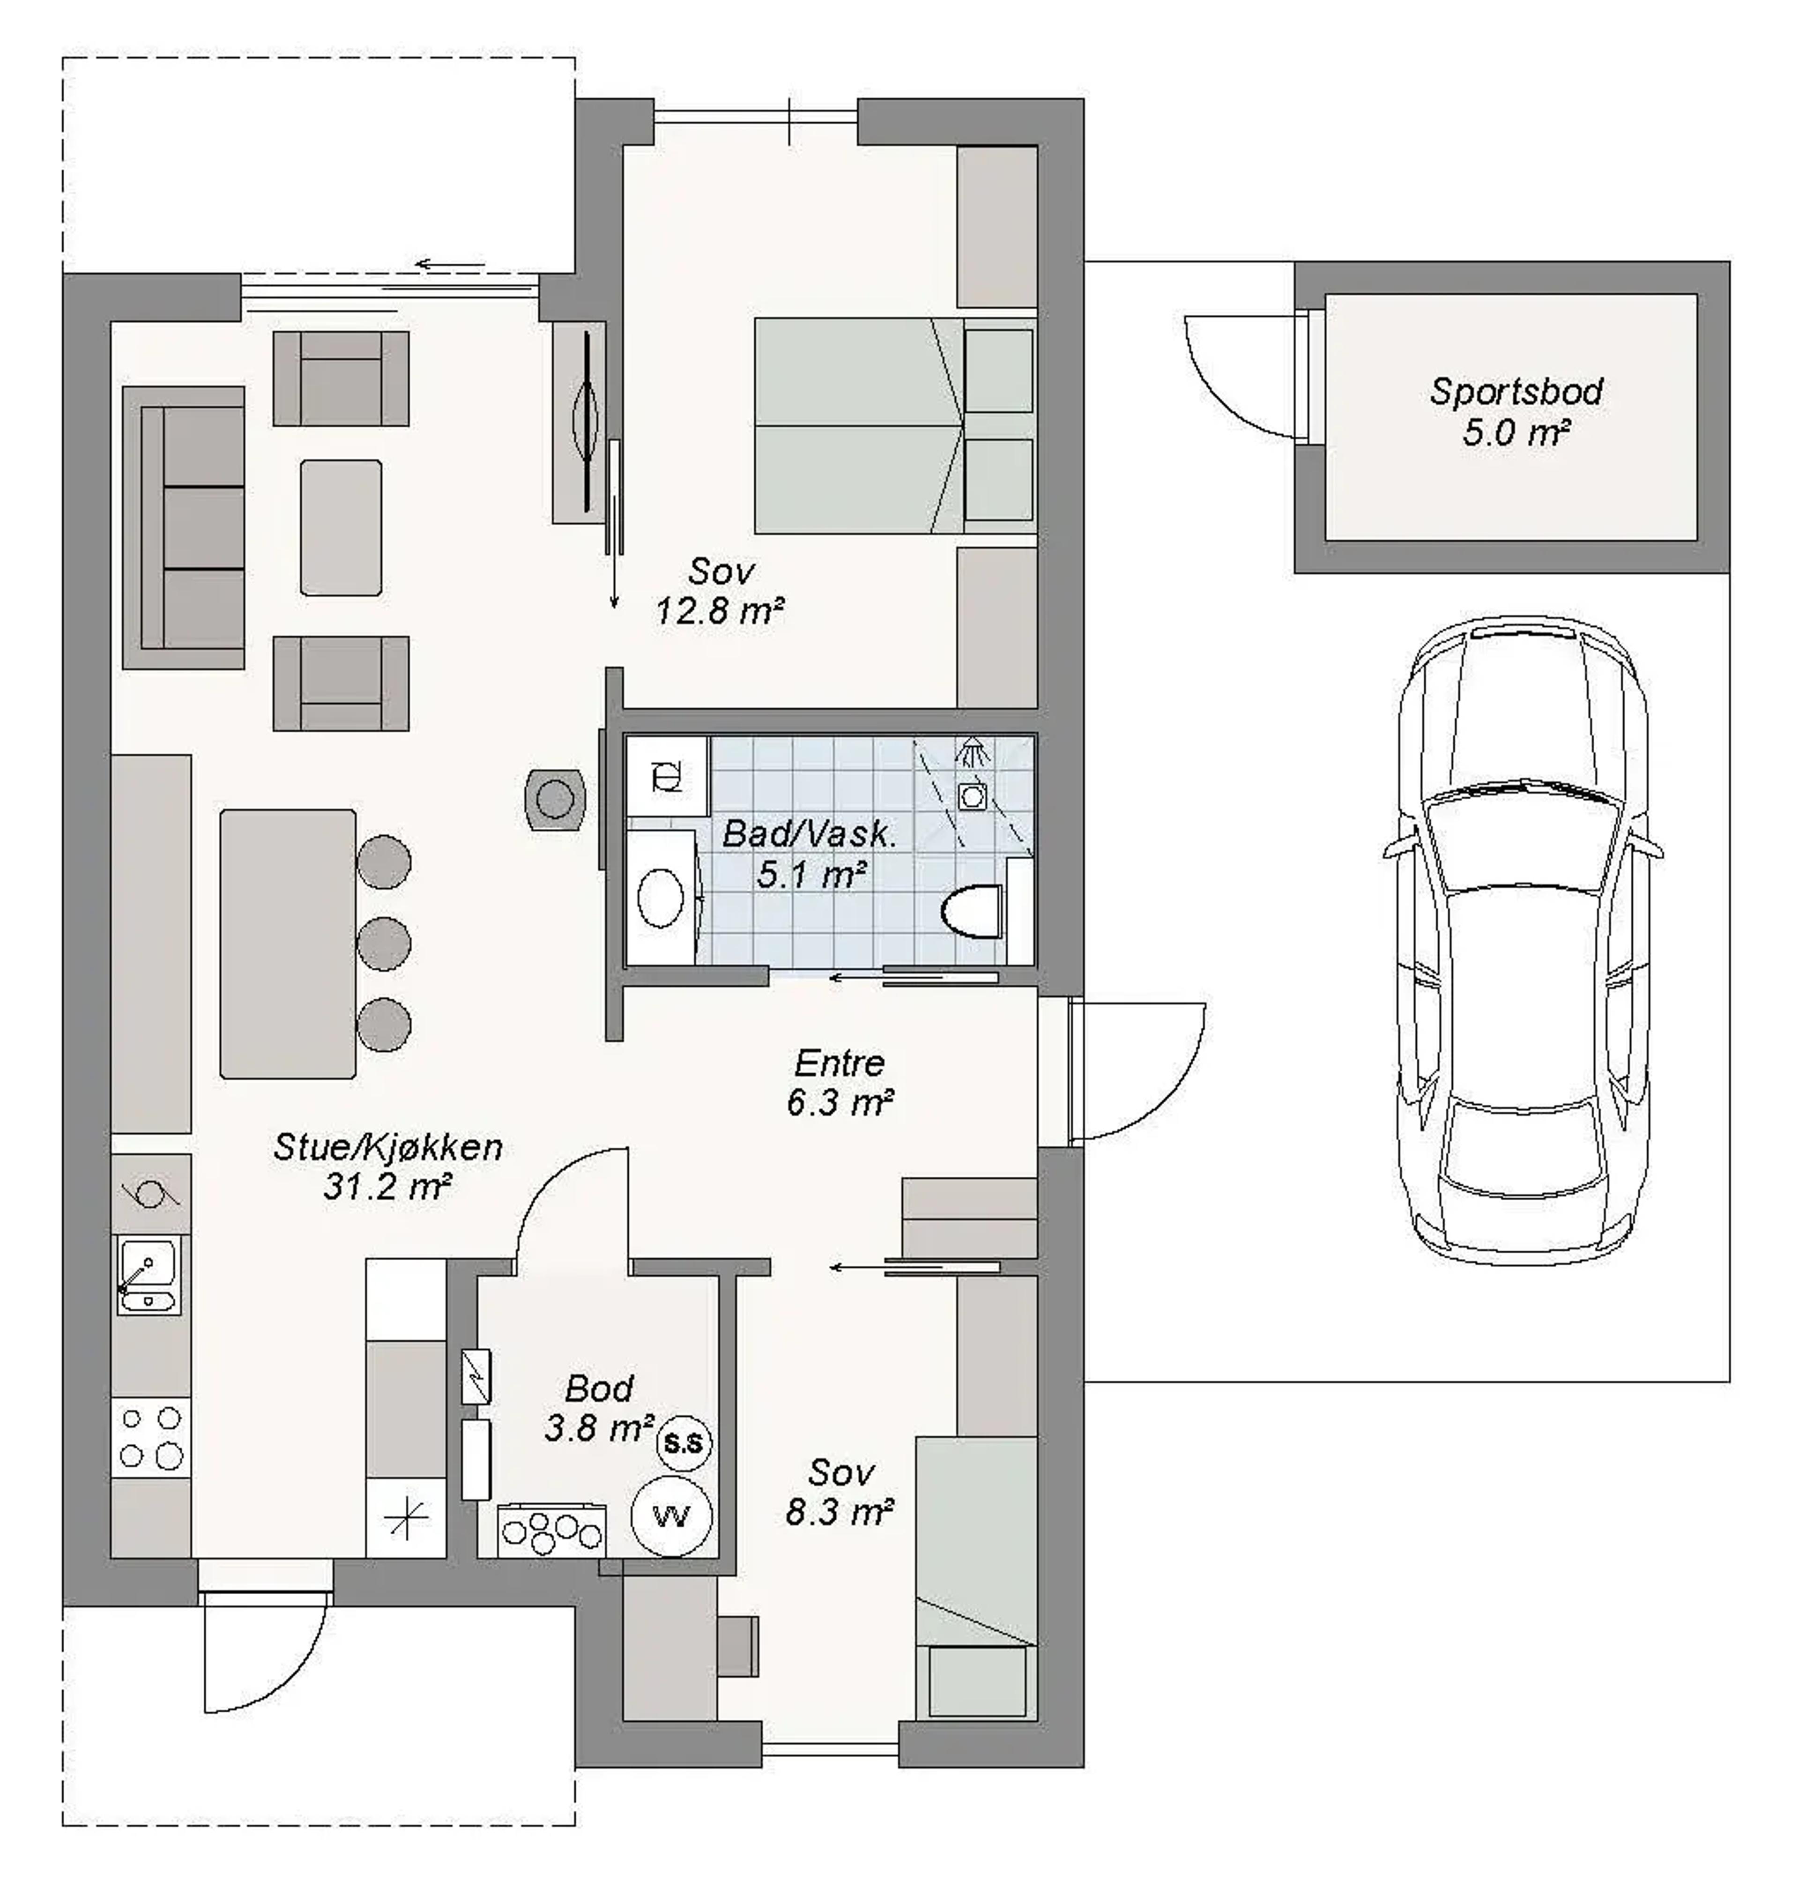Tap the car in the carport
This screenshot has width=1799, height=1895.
tap(1523, 940)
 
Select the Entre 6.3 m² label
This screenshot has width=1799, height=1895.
tap(840, 1083)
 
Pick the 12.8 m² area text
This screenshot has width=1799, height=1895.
tap(720, 611)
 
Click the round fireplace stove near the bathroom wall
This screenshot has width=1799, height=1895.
tap(555, 798)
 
